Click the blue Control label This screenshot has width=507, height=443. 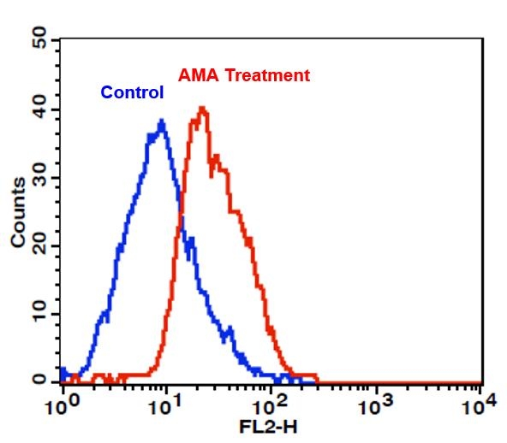[132, 92]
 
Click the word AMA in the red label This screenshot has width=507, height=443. [195, 75]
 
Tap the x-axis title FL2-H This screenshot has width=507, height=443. [270, 425]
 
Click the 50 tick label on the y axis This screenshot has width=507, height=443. [39, 39]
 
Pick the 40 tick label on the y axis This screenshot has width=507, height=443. [39, 109]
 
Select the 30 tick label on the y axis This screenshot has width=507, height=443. [39, 178]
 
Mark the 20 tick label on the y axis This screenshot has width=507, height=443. [39, 246]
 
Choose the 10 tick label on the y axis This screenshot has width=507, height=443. [39, 314]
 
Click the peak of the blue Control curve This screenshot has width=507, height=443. [161, 121]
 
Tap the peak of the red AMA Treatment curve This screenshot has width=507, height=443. [202, 108]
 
